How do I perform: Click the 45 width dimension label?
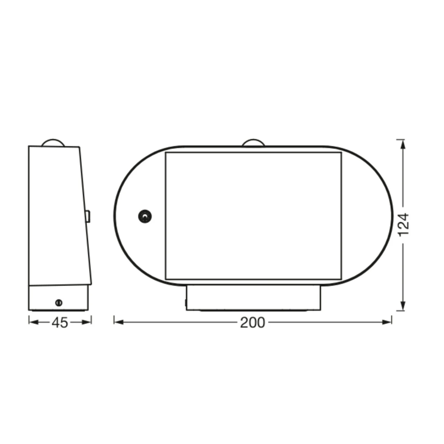pyautogui.click(x=60, y=323)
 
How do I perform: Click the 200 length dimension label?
pyautogui.click(x=252, y=323)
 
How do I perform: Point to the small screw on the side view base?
pyautogui.click(x=59, y=303)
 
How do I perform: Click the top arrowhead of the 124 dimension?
pyautogui.click(x=402, y=144)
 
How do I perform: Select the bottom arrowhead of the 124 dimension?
pyautogui.click(x=402, y=306)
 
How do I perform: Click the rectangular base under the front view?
pyautogui.click(x=253, y=297)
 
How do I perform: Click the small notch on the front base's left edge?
pyautogui.click(x=186, y=303)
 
